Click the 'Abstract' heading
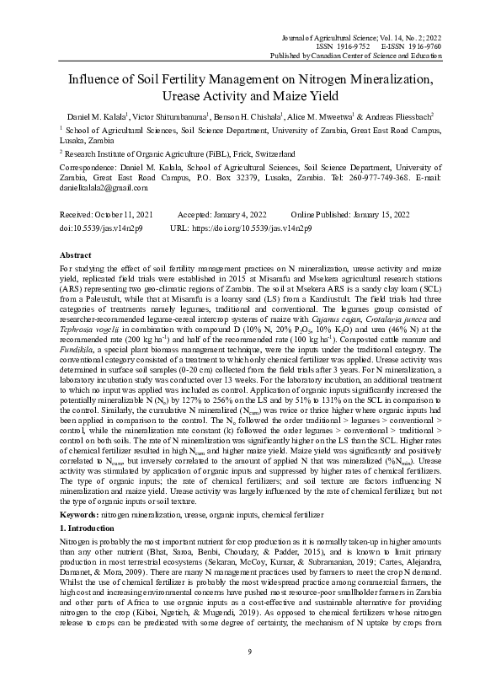pos(76,255)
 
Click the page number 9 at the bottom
pos(250,652)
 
